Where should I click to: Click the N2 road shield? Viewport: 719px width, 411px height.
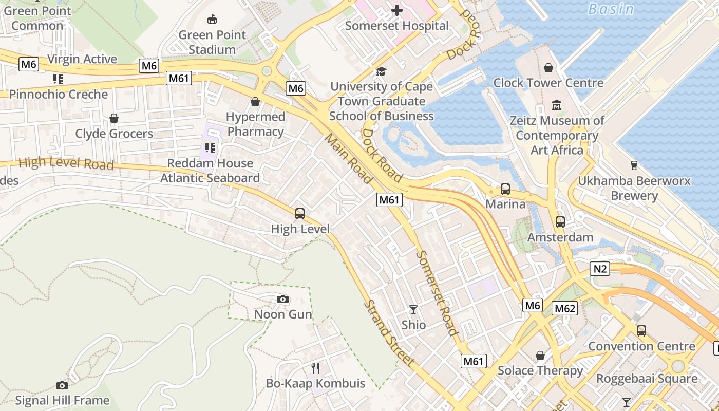600,269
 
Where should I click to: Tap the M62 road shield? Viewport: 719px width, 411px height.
564,308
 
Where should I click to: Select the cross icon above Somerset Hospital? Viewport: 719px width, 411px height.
396,10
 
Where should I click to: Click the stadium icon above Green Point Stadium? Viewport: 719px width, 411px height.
212,20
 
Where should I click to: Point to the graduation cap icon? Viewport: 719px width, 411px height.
381,71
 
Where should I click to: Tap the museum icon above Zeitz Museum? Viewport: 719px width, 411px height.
557,105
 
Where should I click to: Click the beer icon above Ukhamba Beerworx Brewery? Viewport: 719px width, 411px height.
634,165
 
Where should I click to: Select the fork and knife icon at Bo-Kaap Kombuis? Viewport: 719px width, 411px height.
315,368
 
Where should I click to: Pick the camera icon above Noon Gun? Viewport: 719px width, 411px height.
282,299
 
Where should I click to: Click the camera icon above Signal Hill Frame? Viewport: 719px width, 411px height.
62,385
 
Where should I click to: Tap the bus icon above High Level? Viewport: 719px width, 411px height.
300,214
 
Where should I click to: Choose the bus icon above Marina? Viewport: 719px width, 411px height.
505,189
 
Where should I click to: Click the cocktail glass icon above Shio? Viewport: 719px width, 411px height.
413,309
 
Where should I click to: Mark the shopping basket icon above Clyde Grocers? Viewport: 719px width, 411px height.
114,118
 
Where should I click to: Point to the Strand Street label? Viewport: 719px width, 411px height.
389,333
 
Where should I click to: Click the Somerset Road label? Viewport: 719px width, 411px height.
437,292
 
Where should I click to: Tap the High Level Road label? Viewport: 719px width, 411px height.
66,163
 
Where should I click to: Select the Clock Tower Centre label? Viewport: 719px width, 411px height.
548,83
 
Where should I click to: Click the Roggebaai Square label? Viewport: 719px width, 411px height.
647,379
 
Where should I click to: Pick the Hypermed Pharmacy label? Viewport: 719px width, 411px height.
255,124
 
